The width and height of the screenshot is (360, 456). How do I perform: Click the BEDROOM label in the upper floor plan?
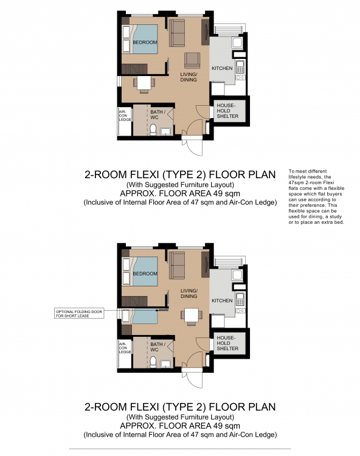point(145,43)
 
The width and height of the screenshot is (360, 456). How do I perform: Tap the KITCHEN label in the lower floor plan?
point(221,300)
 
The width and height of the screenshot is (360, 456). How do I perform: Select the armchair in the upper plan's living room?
point(192,60)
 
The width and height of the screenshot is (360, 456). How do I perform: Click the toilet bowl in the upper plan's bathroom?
point(153,130)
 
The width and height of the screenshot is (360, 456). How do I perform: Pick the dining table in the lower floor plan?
point(192,315)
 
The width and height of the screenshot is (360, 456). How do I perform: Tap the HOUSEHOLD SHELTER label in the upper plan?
point(227,110)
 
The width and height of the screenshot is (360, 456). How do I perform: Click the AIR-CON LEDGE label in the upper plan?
point(124,116)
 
